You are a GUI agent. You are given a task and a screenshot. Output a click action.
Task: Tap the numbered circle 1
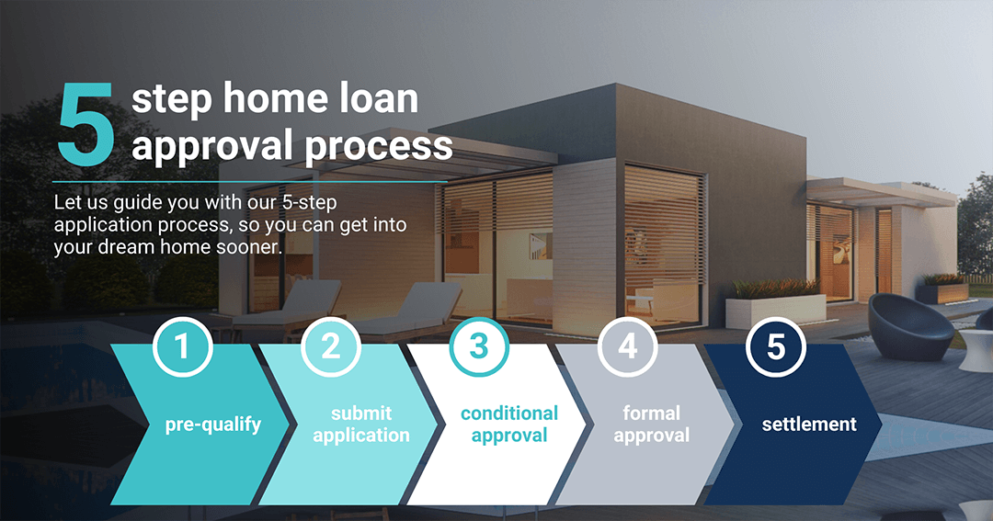182,346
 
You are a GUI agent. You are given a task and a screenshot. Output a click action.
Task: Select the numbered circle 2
331,346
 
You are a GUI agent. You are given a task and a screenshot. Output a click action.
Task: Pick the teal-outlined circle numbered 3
479,346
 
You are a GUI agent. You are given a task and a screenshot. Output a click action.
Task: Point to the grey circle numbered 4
628,346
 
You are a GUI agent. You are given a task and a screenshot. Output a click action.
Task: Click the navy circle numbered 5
776,346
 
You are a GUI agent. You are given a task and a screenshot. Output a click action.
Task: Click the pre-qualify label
212,425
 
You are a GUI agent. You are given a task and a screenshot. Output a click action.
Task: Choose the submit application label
361,425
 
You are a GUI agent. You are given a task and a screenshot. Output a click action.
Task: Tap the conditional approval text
509,425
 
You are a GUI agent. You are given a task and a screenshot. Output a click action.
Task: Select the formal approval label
651,425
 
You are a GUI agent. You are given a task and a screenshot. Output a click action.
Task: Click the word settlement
809,425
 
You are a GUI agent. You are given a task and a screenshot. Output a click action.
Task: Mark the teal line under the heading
250,182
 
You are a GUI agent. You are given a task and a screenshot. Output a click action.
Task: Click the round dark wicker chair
910,327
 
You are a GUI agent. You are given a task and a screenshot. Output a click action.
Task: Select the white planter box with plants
775,305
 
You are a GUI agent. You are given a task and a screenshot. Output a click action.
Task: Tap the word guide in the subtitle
135,203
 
